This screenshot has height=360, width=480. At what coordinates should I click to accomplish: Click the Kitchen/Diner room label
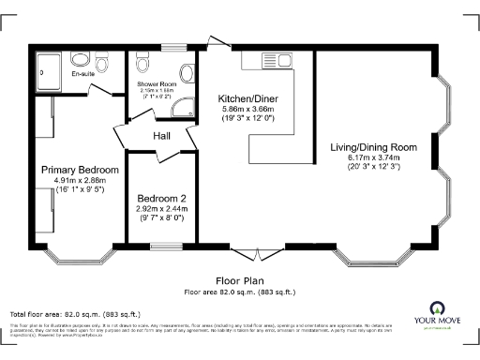[245, 98]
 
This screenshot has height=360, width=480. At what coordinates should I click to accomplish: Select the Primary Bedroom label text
[80, 170]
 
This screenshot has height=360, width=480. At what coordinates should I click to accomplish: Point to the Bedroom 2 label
[162, 199]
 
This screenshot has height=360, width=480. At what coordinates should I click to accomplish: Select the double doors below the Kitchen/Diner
[257, 253]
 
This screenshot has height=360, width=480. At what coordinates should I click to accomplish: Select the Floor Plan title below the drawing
[240, 280]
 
